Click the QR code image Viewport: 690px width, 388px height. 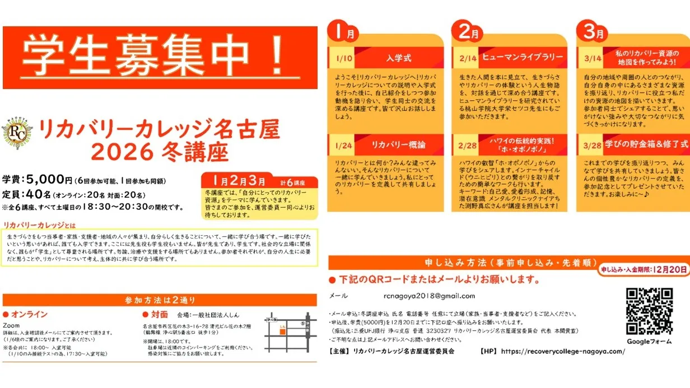(649, 311)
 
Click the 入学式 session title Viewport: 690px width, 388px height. (399, 58)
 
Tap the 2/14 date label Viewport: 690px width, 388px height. (467, 58)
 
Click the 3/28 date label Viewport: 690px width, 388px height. (591, 144)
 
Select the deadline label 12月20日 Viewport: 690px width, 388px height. (669, 269)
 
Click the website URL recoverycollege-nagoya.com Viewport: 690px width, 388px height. (562, 351)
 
